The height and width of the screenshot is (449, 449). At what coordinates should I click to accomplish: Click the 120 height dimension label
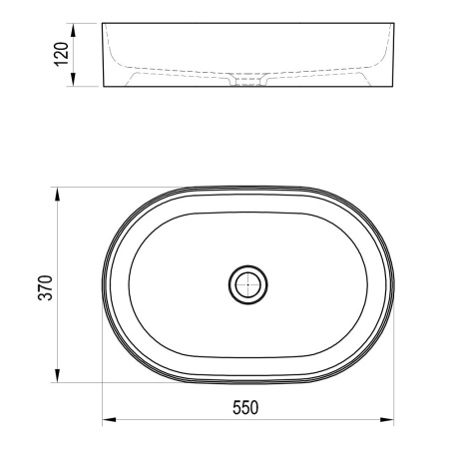tap(62, 54)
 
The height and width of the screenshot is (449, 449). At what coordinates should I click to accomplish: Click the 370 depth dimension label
tap(46, 288)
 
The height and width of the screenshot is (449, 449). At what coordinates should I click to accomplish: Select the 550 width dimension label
tap(245, 408)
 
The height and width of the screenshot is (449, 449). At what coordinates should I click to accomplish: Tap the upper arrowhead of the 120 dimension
tap(74, 30)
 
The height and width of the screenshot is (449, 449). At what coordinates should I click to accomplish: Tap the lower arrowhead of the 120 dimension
tap(74, 80)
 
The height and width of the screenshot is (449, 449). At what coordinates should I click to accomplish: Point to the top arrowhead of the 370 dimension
tap(58, 194)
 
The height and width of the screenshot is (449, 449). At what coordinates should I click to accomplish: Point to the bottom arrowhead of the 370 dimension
tap(58, 376)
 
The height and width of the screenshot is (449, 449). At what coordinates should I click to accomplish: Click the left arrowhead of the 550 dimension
tap(109, 420)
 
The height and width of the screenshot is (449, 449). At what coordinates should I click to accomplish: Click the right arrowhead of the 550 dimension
tap(387, 420)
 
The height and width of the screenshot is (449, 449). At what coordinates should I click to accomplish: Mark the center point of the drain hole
tap(248, 284)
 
